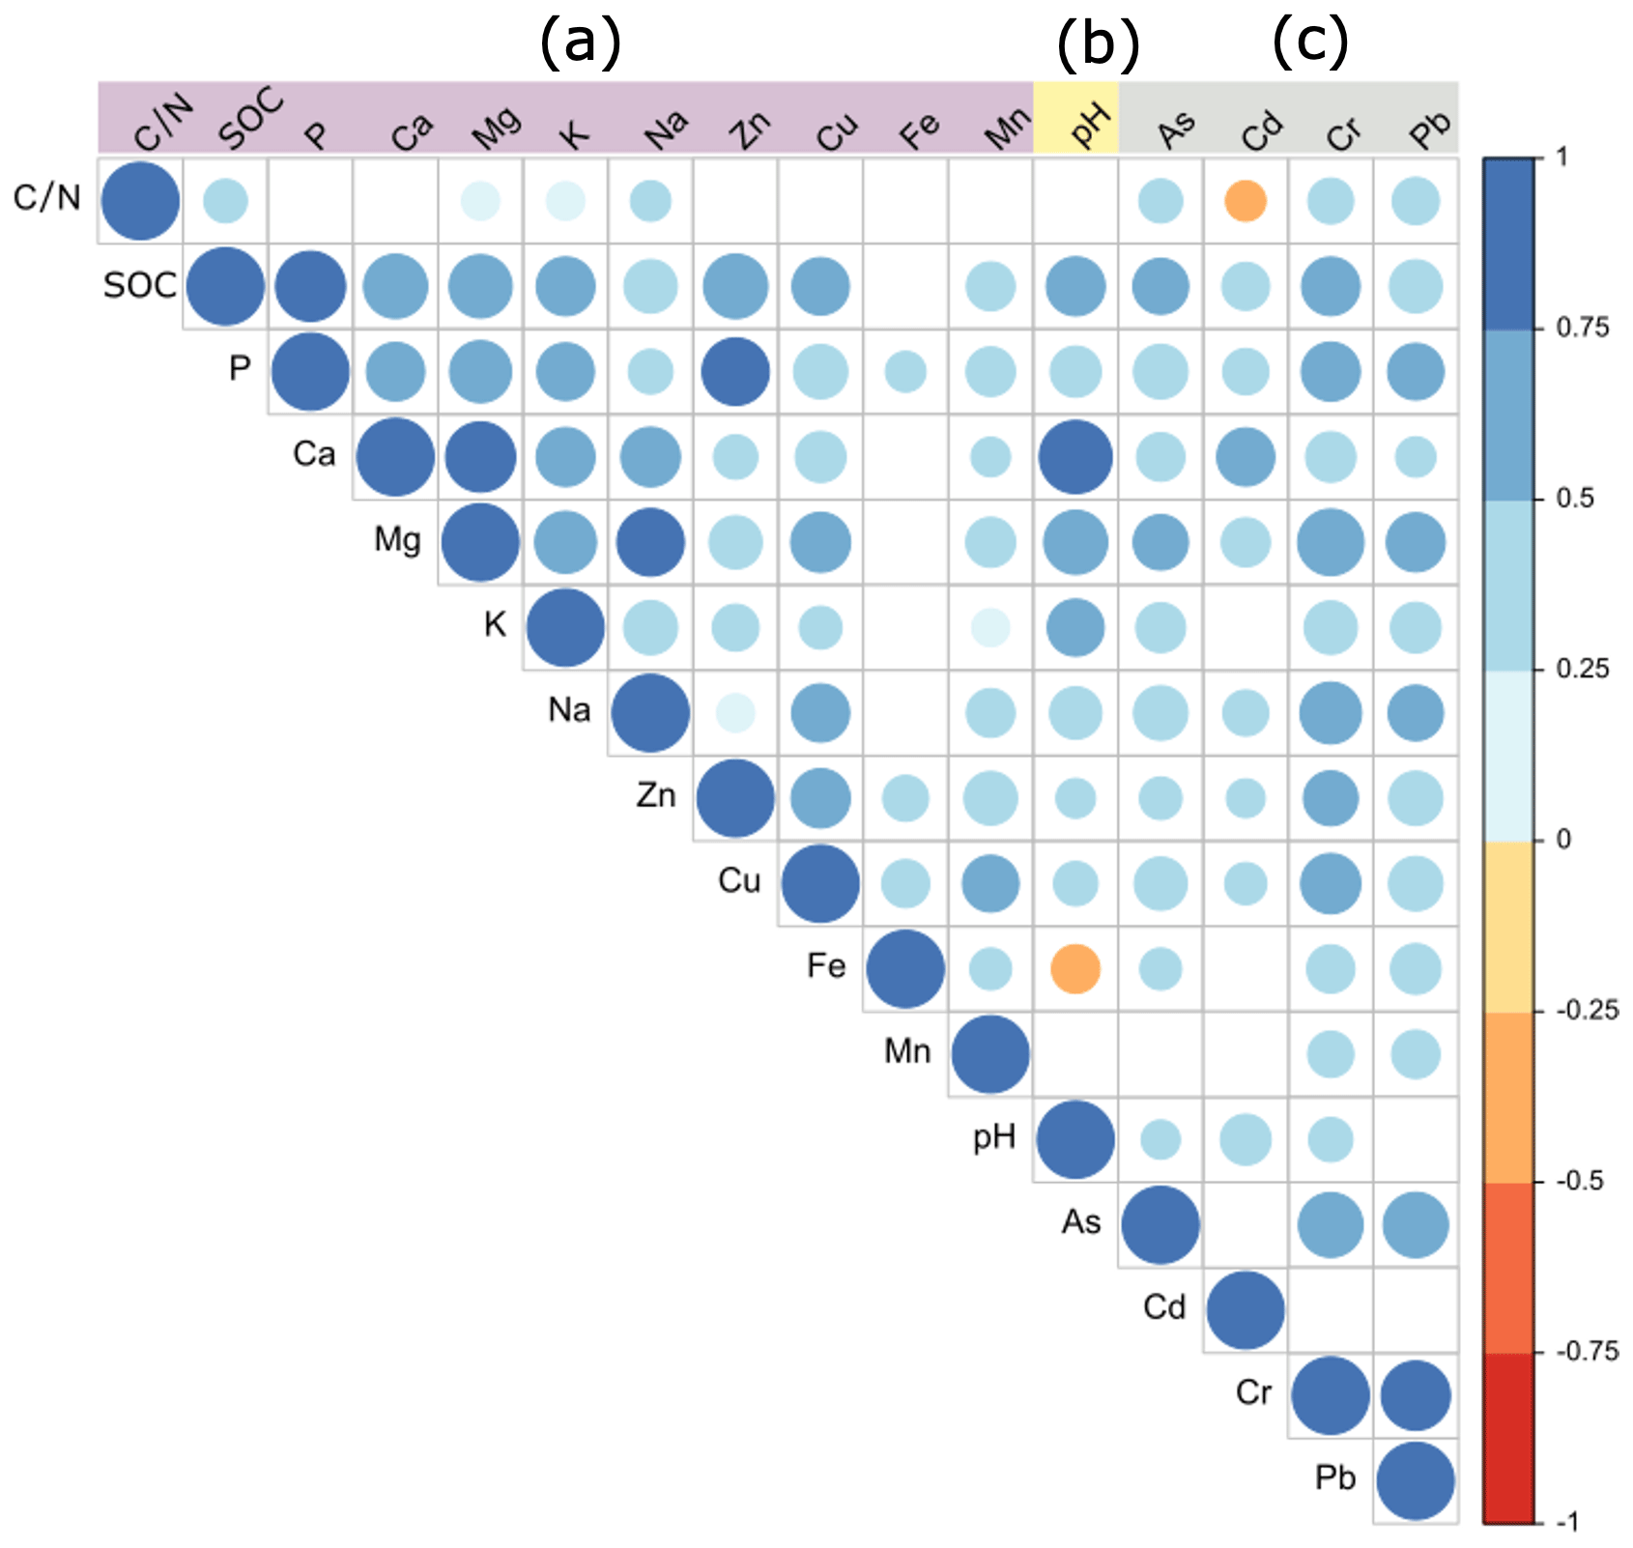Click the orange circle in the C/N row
[1246, 201]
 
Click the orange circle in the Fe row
[1075, 968]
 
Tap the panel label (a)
[579, 43]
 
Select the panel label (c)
[1309, 43]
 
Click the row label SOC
[140, 285]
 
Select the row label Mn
[907, 1050]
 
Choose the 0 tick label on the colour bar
[1563, 840]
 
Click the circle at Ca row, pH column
[1075, 457]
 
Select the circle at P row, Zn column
[735, 372]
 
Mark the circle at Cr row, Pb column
[1416, 1395]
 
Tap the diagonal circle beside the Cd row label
[1246, 1310]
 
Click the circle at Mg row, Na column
[650, 542]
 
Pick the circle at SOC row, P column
[310, 287]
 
